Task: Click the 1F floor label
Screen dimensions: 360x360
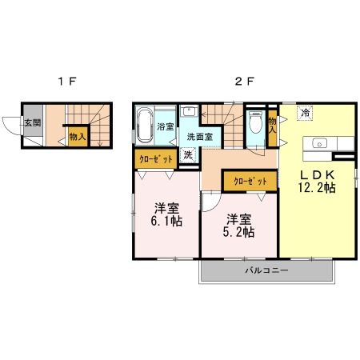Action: click(x=67, y=81)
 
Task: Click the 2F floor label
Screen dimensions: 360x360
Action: click(x=244, y=81)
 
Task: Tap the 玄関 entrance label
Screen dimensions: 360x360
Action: click(x=33, y=123)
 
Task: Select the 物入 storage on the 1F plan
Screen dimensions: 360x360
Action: click(x=78, y=137)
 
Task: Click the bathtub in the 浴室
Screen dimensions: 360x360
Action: click(x=145, y=126)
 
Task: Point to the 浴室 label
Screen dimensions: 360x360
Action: click(x=166, y=126)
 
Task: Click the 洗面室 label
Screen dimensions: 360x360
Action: click(x=200, y=137)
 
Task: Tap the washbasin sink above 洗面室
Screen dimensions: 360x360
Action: click(x=189, y=110)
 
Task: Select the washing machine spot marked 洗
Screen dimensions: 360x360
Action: click(x=188, y=154)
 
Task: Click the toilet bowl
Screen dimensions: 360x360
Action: click(x=255, y=122)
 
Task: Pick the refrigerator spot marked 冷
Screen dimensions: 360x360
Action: click(x=305, y=113)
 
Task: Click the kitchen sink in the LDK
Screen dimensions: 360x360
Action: click(x=320, y=144)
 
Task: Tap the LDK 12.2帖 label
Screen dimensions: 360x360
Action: click(x=317, y=182)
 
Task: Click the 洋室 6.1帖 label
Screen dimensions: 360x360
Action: click(x=166, y=214)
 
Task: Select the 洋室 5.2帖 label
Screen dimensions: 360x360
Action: click(x=238, y=226)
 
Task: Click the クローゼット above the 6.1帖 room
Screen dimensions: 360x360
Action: click(x=156, y=159)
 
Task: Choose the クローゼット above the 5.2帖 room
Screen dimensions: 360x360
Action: click(x=250, y=182)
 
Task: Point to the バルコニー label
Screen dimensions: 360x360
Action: click(x=266, y=270)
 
